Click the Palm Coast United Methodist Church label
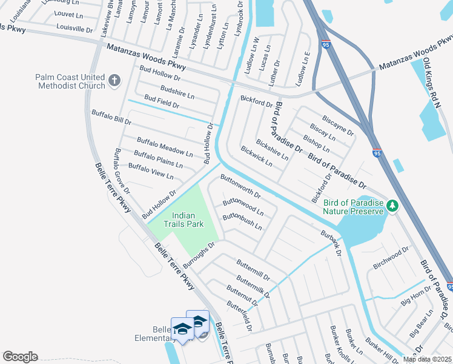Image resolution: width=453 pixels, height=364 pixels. pos(70,81)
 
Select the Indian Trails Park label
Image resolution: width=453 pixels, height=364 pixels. pos(187,220)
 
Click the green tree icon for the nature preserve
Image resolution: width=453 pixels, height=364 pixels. pos(392,206)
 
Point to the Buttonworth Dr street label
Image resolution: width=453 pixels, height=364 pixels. pos(240,187)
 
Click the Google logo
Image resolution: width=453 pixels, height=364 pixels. pos(20,357)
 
